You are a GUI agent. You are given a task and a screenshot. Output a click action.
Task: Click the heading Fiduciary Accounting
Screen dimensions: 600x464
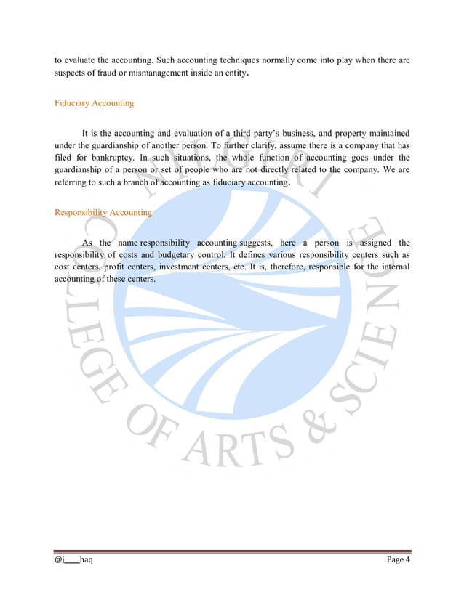coord(95,103)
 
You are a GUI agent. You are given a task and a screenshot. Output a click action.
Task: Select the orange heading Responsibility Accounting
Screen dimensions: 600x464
coord(103,213)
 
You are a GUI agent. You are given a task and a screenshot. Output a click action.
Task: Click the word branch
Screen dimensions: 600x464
coord(137,182)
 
